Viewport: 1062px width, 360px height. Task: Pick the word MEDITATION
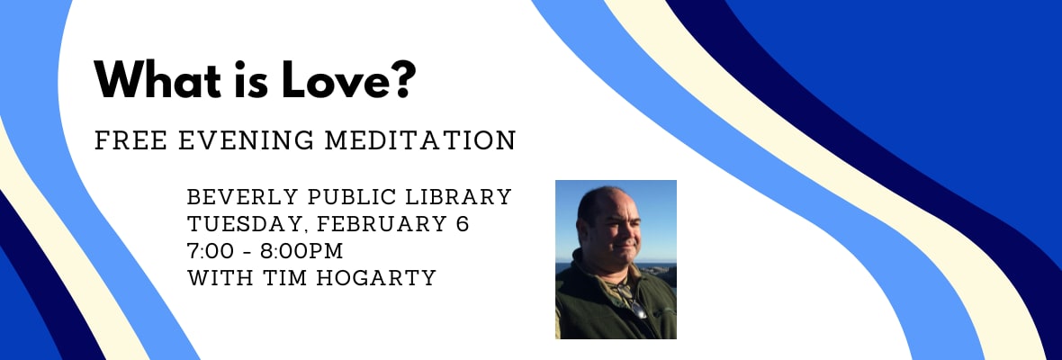[x=420, y=140]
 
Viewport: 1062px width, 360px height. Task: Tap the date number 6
[x=463, y=224]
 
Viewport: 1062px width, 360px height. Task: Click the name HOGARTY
[x=382, y=277]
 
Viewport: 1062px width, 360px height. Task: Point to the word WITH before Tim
[x=223, y=277]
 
